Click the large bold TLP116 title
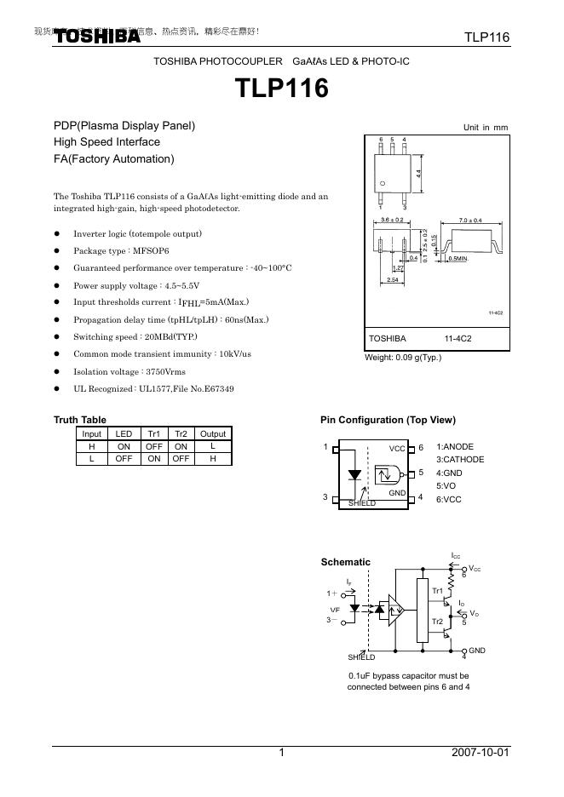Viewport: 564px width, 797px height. coord(281,89)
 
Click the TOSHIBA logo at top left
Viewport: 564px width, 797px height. coord(97,37)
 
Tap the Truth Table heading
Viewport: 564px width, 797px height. coord(80,420)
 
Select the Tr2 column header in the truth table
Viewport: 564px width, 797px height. coord(181,433)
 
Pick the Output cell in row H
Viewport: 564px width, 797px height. coord(213,445)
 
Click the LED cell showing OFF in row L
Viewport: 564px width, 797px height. coord(124,457)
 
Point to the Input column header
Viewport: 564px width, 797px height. coord(91,433)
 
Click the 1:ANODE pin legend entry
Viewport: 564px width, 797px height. coord(455,447)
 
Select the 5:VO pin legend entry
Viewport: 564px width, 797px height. coord(446,486)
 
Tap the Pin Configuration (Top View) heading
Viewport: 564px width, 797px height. coord(388,420)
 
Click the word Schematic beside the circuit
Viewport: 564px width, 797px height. coord(345,562)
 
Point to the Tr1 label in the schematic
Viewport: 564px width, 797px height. coord(437,590)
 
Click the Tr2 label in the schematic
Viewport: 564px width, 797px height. coord(437,622)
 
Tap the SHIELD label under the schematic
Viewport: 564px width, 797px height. coord(361,657)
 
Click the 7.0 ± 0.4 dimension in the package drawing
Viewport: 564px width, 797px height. coord(470,221)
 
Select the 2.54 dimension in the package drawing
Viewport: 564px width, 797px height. coord(393,278)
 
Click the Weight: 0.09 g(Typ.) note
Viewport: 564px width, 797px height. coord(403,358)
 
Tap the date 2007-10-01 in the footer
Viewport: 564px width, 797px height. coord(481,754)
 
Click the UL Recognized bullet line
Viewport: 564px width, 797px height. coord(153,388)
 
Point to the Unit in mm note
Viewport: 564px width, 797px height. coord(485,128)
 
